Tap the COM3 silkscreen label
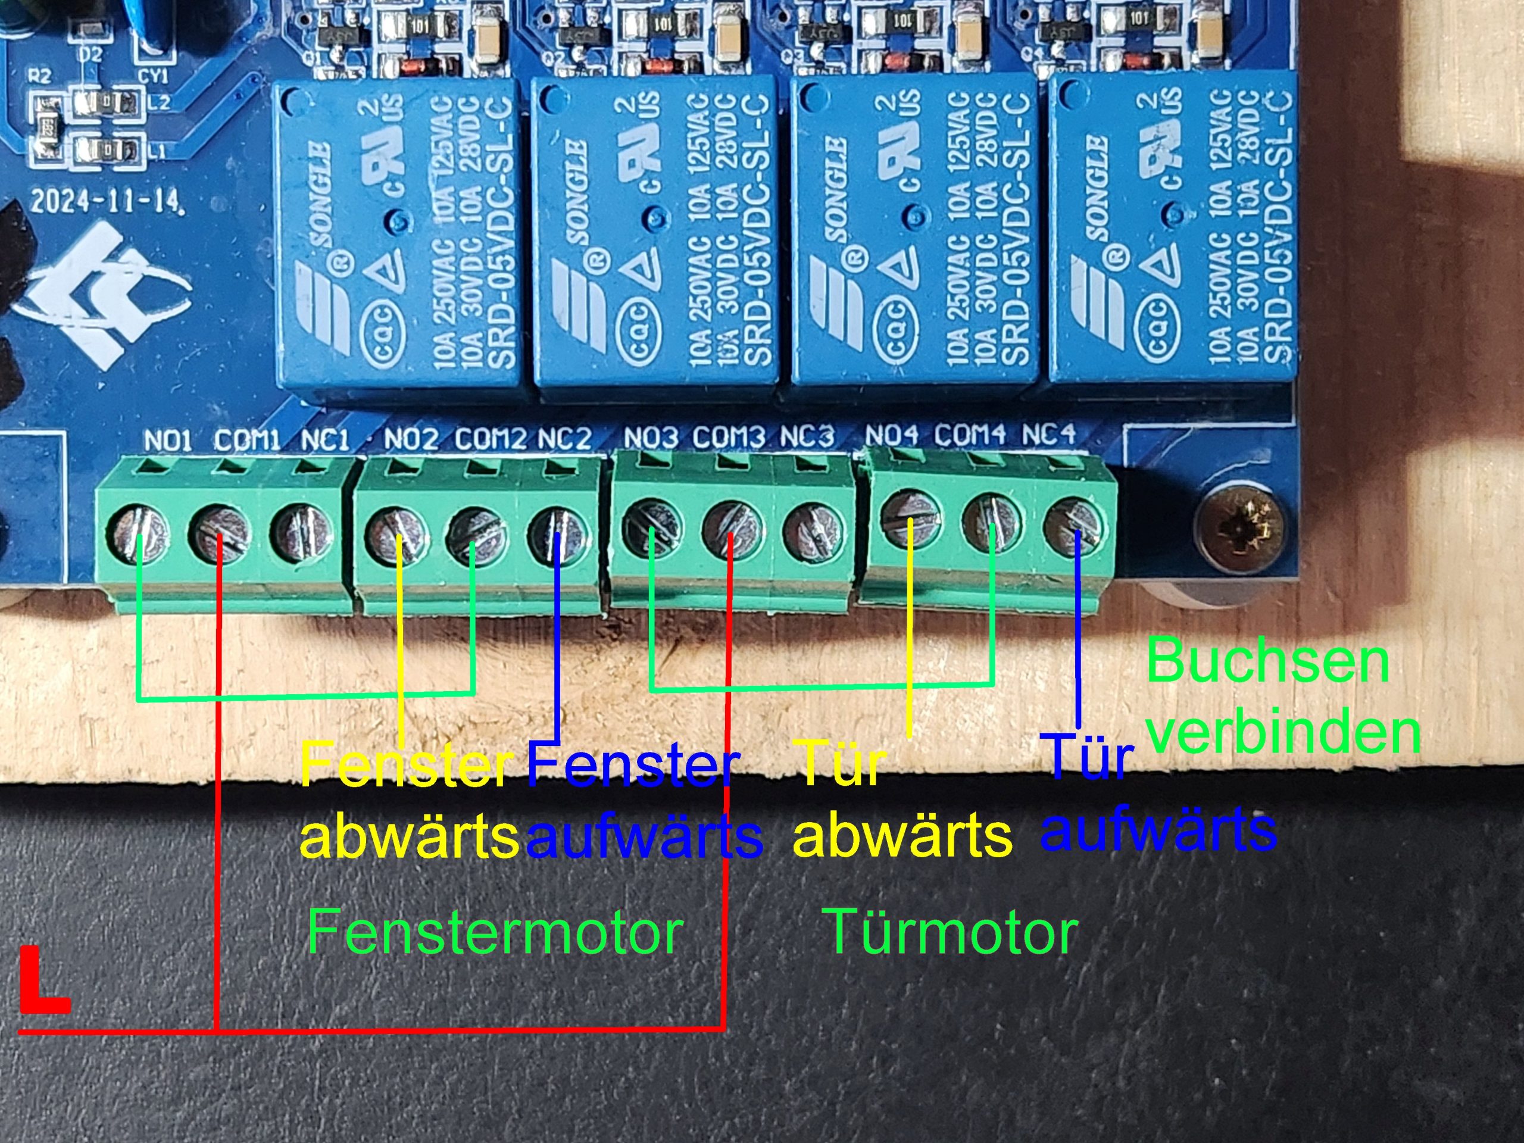click(x=728, y=437)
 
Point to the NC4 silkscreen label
click(x=1048, y=434)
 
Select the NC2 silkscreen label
click(x=564, y=439)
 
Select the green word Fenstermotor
click(x=495, y=932)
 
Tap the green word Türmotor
click(x=951, y=932)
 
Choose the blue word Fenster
click(x=632, y=766)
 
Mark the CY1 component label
click(x=153, y=76)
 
